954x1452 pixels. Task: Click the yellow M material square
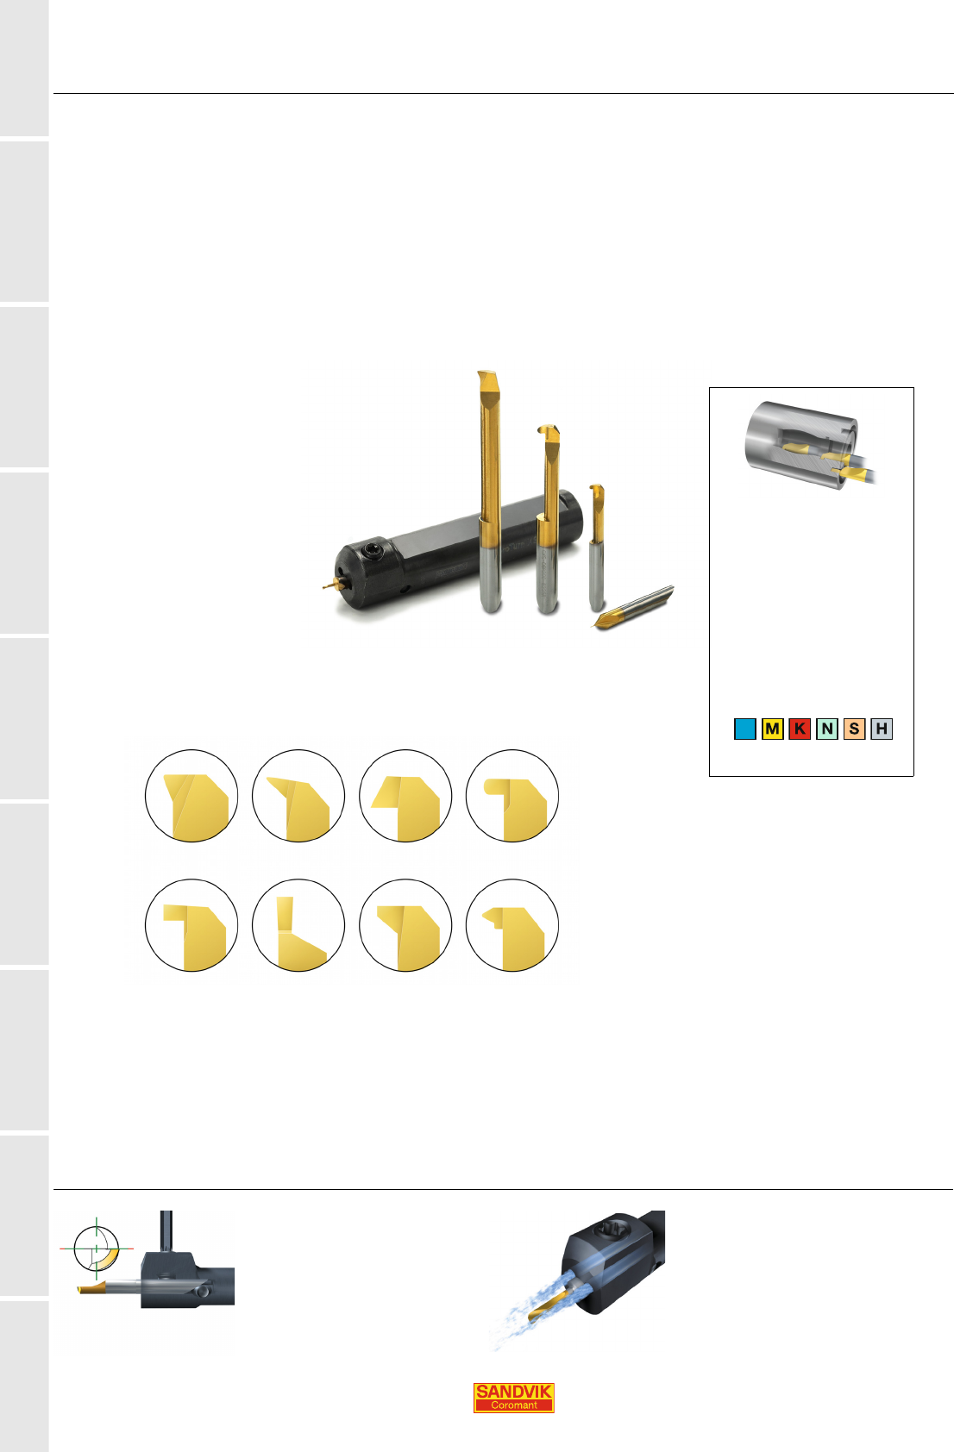772,729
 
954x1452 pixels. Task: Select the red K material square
800,729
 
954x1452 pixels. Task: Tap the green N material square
827,729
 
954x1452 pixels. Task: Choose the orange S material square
854,729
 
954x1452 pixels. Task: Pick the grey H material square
882,729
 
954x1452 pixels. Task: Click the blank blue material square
744,729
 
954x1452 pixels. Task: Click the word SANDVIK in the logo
513,1391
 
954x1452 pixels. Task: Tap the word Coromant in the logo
513,1405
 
